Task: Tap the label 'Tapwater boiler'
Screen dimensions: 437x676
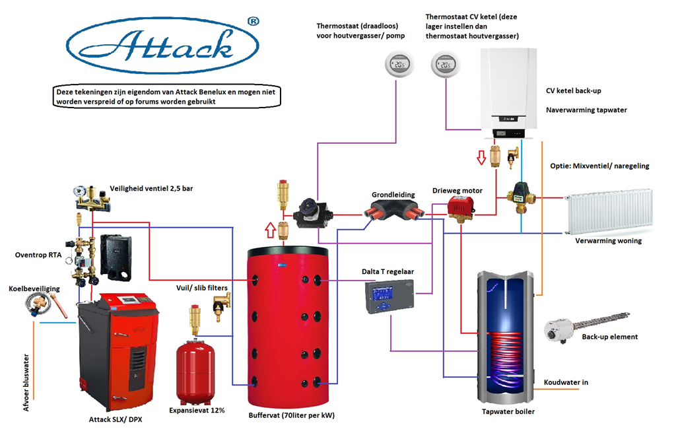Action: tap(508, 412)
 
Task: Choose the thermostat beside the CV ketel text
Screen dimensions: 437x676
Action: tap(444, 65)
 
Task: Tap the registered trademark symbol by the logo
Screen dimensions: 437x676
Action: tap(252, 21)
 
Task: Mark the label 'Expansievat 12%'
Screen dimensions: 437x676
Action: tap(197, 411)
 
